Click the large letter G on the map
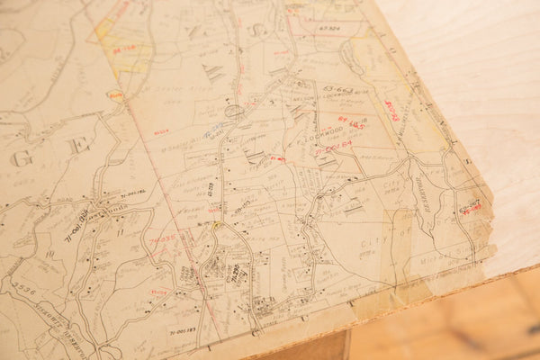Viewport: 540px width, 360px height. (21, 158)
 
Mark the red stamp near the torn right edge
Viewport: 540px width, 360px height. (470, 207)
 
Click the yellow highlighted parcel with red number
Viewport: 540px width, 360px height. (126, 49)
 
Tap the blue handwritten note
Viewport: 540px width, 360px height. (214, 131)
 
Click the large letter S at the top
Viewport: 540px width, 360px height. (256, 30)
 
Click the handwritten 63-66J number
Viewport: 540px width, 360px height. (340, 90)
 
